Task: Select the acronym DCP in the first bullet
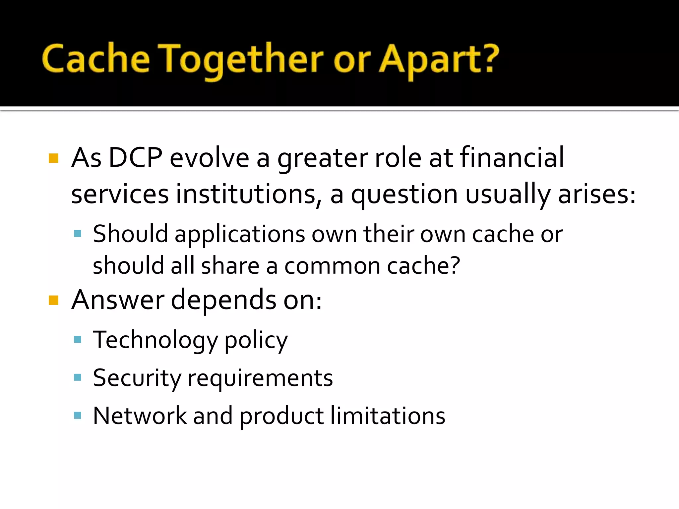point(135,158)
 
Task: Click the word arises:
point(597,194)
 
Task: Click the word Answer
point(118,300)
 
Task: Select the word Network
point(140,416)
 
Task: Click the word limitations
point(388,416)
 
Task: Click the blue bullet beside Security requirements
point(78,377)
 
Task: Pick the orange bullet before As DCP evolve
point(53,158)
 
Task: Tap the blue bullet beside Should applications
point(78,234)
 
